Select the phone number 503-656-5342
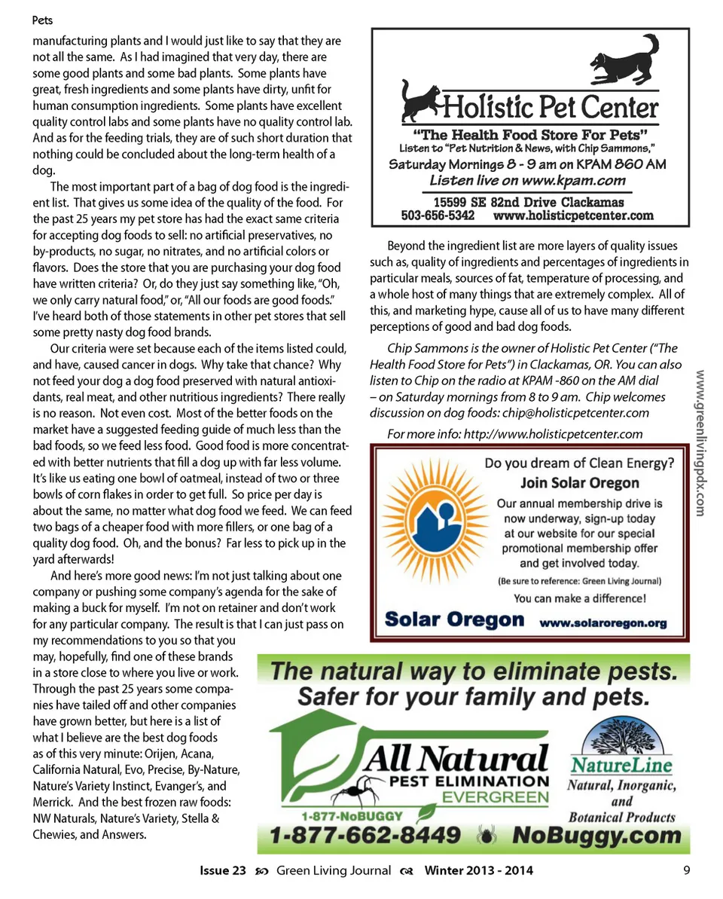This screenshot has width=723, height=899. pyautogui.click(x=438, y=216)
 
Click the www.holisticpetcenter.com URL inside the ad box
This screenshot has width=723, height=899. pyautogui.click(x=573, y=216)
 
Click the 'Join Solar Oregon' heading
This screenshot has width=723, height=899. pyautogui.click(x=579, y=483)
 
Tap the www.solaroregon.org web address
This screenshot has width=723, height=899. pyautogui.click(x=603, y=622)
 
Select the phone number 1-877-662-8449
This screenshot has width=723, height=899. pyautogui.click(x=367, y=835)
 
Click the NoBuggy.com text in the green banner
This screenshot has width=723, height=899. pyautogui.click(x=596, y=835)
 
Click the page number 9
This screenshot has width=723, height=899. pyautogui.click(x=687, y=870)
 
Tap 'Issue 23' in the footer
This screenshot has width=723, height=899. pyautogui.click(x=223, y=870)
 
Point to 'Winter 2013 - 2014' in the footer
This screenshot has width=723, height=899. pyautogui.click(x=478, y=870)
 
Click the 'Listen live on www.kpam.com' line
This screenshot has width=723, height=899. pyautogui.click(x=527, y=180)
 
